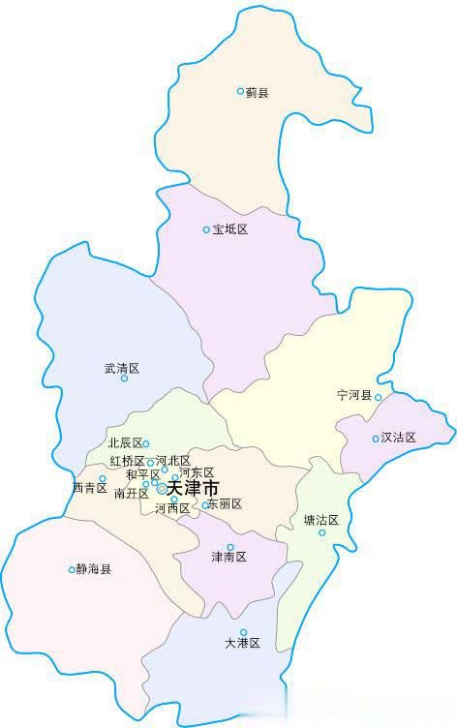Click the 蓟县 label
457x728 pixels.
tap(257, 92)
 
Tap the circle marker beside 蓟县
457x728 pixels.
tap(241, 91)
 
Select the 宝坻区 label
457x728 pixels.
tap(230, 229)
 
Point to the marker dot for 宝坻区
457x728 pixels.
tap(206, 229)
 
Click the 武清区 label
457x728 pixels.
tap(122, 368)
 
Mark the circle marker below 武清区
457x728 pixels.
tap(124, 379)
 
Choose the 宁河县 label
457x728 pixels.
tap(354, 395)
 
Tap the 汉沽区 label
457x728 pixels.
tap(398, 438)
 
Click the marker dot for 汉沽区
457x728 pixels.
tap(376, 439)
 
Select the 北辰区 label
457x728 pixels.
tap(125, 443)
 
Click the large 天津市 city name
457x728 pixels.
tap(193, 489)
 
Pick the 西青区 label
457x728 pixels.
tap(89, 488)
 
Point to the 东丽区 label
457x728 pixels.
tap(225, 504)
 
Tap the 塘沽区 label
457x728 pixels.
tap(321, 520)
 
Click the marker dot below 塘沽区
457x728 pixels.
tap(322, 531)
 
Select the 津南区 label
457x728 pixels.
tap(229, 558)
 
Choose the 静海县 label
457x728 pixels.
tap(94, 569)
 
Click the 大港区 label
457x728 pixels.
tap(243, 643)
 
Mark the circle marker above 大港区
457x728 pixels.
tap(243, 632)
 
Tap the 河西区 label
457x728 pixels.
tap(171, 508)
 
